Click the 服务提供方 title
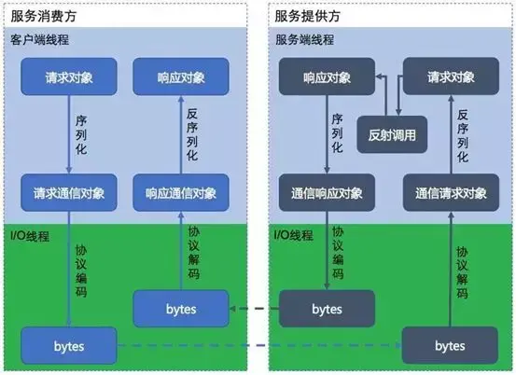click(307, 15)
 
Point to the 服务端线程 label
click(302, 40)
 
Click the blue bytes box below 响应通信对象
click(181, 308)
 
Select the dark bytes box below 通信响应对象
click(327, 308)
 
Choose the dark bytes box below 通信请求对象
click(451, 346)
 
